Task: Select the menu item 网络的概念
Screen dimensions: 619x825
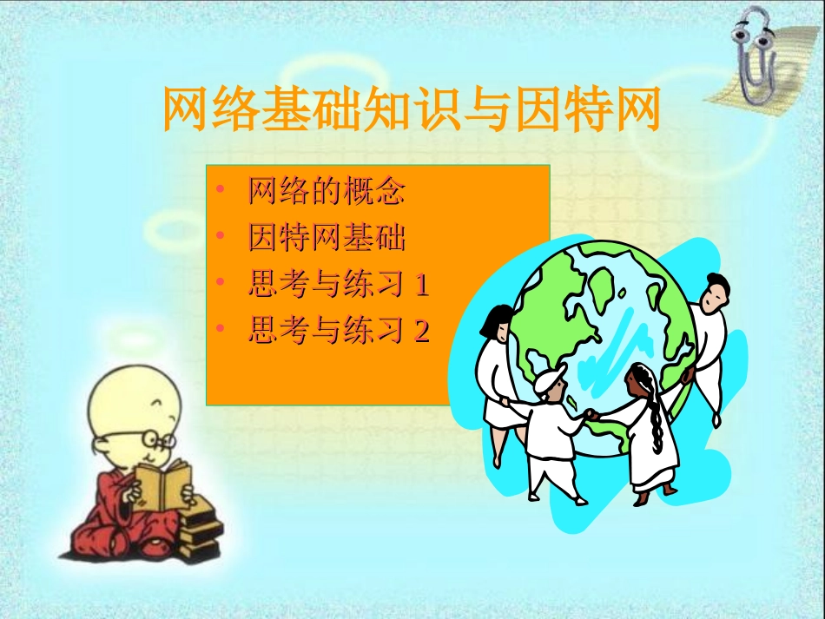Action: [327, 191]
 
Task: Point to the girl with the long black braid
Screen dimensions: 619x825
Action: [647, 434]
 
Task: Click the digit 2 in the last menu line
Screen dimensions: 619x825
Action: [421, 331]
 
